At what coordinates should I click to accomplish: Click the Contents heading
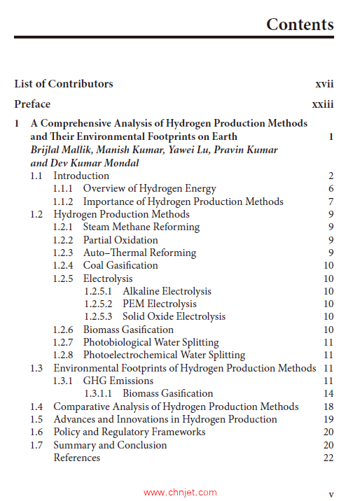click(x=300, y=25)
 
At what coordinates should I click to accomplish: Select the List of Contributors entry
click(x=64, y=84)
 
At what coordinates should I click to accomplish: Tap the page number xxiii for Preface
click(x=322, y=104)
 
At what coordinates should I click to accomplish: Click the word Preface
click(x=32, y=104)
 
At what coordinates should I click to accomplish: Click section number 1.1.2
click(x=64, y=202)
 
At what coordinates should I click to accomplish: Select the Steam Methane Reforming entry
click(x=141, y=227)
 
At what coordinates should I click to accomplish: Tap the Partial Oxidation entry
click(x=120, y=240)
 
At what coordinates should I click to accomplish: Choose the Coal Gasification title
click(x=120, y=265)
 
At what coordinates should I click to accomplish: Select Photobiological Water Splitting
click(x=151, y=342)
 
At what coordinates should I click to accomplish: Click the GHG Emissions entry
click(x=118, y=381)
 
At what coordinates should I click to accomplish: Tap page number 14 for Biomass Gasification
click(x=328, y=393)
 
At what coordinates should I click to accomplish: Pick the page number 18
click(x=328, y=407)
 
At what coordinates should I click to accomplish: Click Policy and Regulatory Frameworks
click(x=130, y=432)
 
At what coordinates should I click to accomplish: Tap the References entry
click(x=77, y=458)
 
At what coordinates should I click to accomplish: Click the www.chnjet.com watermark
click(x=180, y=493)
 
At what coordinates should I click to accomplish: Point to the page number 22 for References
click(x=328, y=458)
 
